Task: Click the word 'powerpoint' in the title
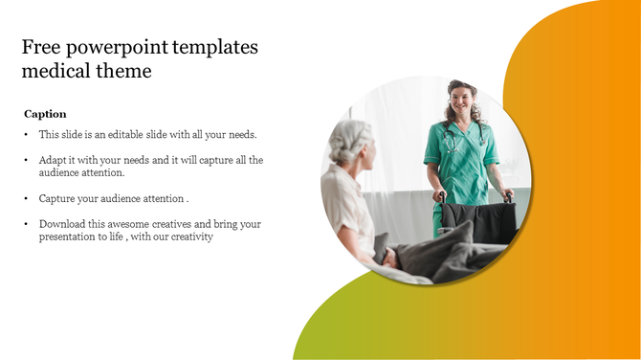pos(114,48)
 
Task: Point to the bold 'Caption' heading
pos(45,114)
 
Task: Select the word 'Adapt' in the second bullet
pos(53,160)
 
